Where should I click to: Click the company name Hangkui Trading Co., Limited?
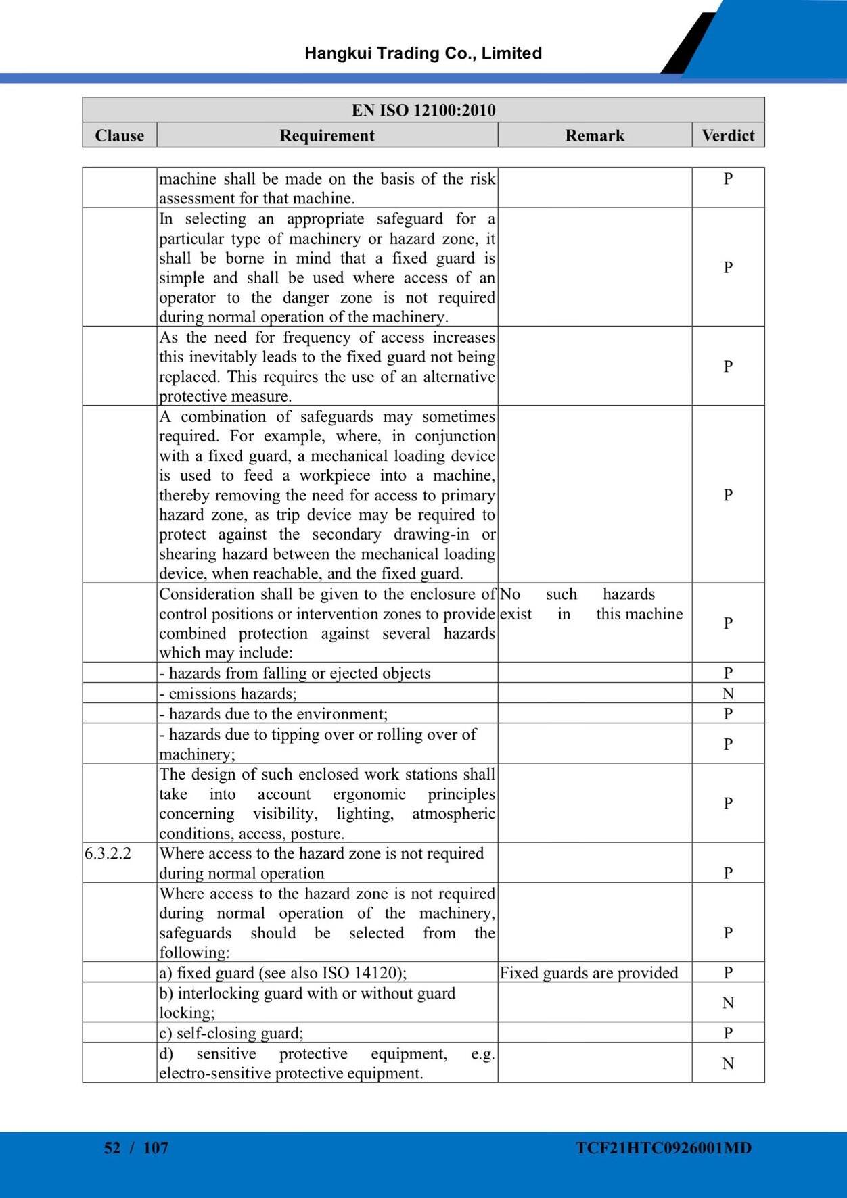click(423, 53)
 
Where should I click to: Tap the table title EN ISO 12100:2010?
click(423, 110)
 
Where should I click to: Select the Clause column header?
click(120, 135)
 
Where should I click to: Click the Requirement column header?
click(327, 135)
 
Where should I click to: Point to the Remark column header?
click(595, 135)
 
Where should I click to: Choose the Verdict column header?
click(728, 135)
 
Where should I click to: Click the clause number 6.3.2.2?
click(108, 853)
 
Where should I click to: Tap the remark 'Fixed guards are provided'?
click(589, 972)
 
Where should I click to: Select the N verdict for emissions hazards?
click(728, 693)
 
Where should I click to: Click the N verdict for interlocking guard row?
click(728, 1003)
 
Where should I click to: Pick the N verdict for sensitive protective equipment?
click(728, 1063)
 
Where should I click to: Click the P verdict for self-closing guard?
click(728, 1033)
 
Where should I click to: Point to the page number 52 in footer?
click(112, 1147)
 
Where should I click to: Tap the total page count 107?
click(156, 1147)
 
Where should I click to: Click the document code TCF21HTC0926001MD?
click(664, 1147)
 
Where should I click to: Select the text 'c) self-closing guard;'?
click(231, 1033)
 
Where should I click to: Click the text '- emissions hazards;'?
click(228, 694)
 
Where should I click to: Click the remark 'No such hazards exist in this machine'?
click(591, 604)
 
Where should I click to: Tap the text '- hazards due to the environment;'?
click(273, 714)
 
